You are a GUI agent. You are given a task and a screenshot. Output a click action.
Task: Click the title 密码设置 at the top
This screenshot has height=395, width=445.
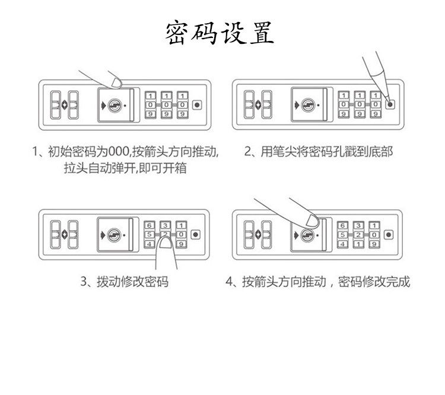point(221,33)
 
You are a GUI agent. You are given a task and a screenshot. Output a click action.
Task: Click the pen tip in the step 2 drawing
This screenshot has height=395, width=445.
point(389,101)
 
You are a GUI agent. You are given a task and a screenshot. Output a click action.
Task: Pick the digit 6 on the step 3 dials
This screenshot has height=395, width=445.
point(150,225)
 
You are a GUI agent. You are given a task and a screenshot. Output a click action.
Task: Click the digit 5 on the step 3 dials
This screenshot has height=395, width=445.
point(150,235)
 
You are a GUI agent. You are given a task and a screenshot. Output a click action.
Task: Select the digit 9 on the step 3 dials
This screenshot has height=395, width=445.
point(182,244)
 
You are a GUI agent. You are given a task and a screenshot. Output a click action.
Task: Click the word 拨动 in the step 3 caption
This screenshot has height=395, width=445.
point(107,281)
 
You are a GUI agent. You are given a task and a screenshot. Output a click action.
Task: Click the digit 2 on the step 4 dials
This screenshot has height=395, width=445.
point(358,235)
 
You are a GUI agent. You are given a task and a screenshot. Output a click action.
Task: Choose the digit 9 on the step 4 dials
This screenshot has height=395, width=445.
point(374,244)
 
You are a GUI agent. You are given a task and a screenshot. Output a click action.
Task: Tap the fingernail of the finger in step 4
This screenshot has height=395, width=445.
point(309,221)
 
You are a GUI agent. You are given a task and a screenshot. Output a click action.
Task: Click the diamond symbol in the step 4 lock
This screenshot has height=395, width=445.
point(258,235)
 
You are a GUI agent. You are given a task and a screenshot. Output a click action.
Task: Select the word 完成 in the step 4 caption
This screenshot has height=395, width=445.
point(399,281)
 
